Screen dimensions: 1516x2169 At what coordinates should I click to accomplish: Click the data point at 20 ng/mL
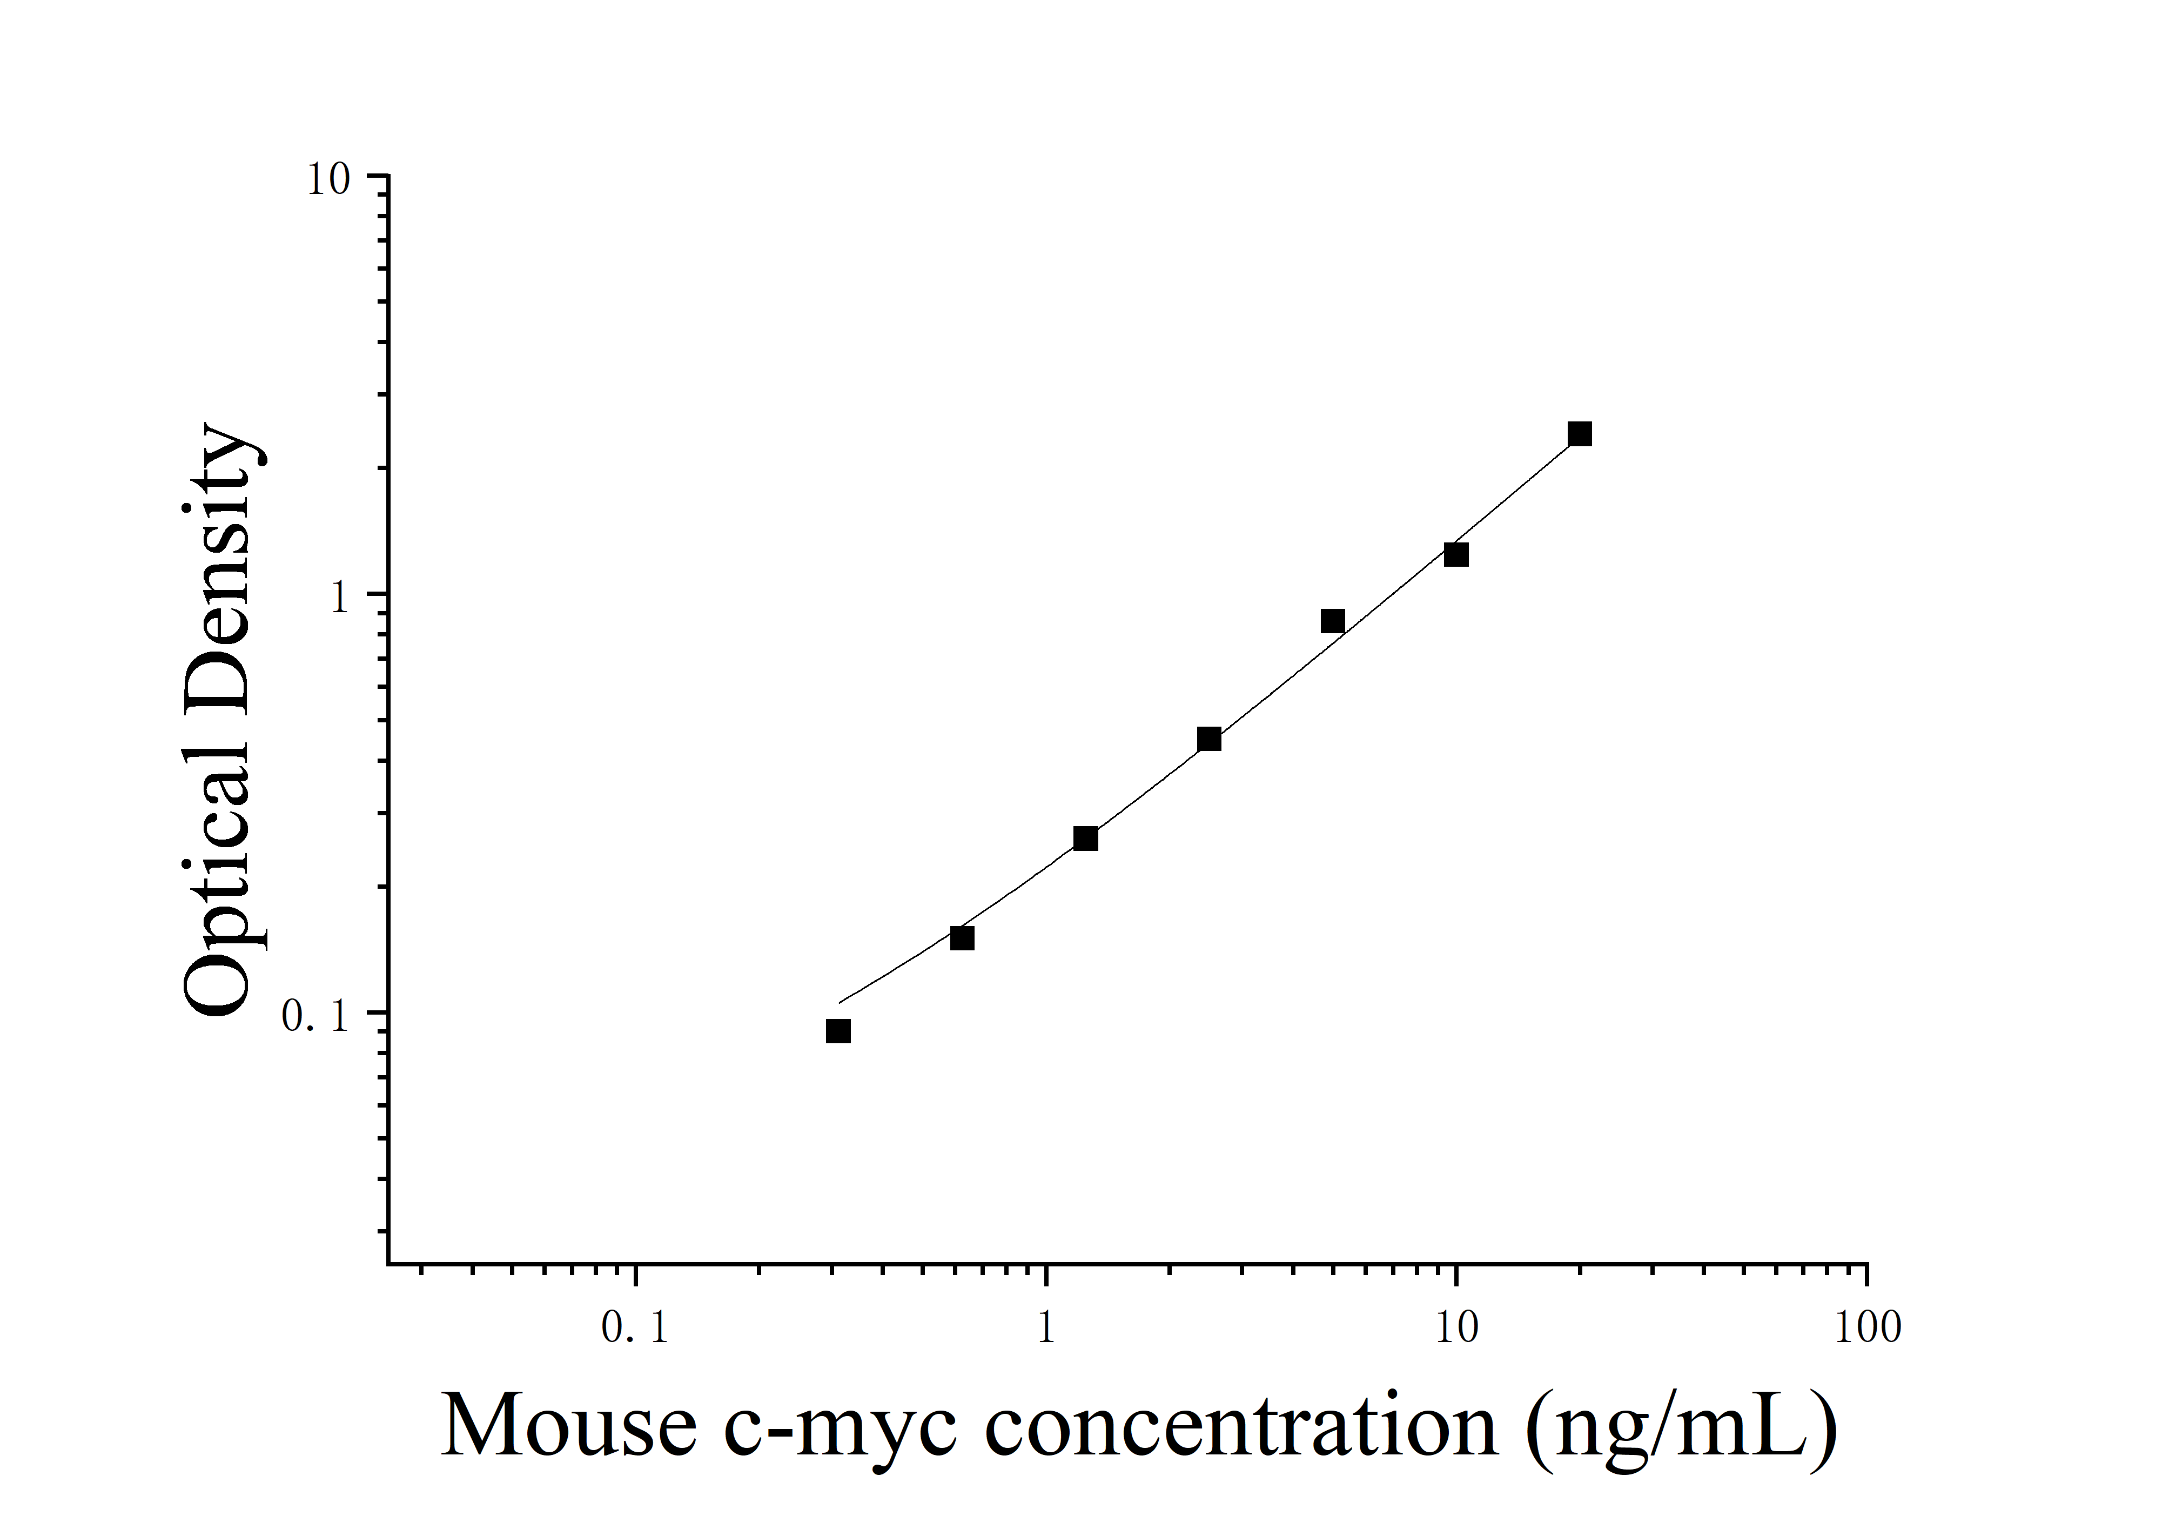pyautogui.click(x=1580, y=434)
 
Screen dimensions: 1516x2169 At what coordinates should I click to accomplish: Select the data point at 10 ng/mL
pyautogui.click(x=1456, y=554)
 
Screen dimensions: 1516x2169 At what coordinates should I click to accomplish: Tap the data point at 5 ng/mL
pyautogui.click(x=1333, y=621)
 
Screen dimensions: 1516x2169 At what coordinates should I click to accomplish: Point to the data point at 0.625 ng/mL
pyautogui.click(x=962, y=938)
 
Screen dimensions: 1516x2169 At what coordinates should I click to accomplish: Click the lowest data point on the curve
pyautogui.click(x=838, y=1030)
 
